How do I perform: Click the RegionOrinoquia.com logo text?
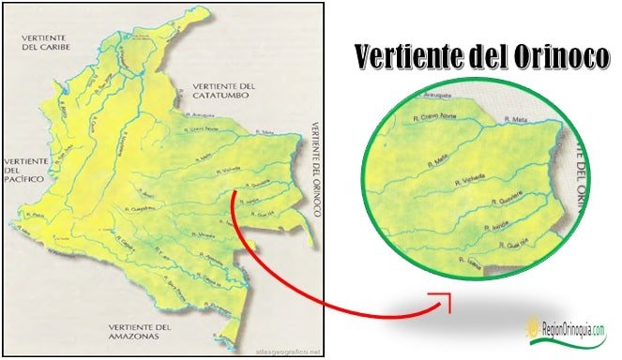tap(573, 329)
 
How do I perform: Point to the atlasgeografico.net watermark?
tap(288, 352)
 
